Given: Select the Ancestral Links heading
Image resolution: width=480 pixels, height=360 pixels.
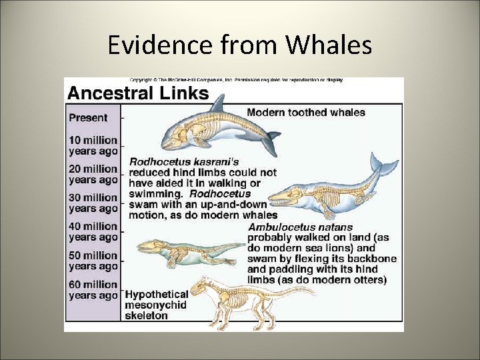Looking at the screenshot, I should pos(138,93).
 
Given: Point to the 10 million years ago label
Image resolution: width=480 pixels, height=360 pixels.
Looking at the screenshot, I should pos(93,145).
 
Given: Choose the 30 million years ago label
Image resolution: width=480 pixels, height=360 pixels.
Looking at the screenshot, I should pos(93,203).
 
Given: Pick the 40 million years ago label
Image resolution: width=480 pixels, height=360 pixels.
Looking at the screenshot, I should pos(93,231).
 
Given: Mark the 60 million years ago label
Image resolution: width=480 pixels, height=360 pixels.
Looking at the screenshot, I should pos(93,290).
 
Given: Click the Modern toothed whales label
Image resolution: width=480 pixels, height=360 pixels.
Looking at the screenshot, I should pos(306,112).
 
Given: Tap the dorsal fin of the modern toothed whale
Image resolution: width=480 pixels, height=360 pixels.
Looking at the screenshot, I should pos(217,105).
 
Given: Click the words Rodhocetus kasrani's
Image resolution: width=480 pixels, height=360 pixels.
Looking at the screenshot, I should pos(183,161).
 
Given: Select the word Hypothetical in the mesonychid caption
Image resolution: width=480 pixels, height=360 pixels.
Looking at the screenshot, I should pos(156,295).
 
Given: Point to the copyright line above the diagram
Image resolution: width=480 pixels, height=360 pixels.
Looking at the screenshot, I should pos(236,80).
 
